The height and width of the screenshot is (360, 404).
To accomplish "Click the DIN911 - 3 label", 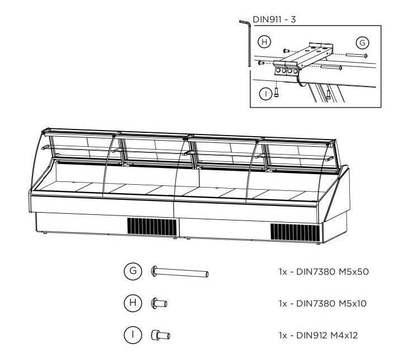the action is (x=274, y=20).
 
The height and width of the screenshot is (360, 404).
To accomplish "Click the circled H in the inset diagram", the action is (x=264, y=42).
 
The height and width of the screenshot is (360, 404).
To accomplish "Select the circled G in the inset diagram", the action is (x=362, y=43).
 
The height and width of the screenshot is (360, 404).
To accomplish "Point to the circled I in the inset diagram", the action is (x=265, y=94).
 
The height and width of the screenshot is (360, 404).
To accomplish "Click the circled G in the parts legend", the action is (x=133, y=271).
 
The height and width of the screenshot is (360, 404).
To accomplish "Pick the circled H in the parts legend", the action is (x=133, y=303).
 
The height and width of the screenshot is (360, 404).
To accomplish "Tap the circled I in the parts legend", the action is (x=133, y=335).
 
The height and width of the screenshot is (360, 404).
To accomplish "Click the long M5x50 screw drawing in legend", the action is (x=180, y=272).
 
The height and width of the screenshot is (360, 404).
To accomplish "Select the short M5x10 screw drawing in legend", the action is (x=159, y=304).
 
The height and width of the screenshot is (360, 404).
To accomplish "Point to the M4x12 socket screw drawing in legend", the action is (x=160, y=335).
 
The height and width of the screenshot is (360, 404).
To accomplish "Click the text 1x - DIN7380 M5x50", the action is (x=324, y=272).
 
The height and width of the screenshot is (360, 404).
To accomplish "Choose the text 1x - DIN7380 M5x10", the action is (x=322, y=304).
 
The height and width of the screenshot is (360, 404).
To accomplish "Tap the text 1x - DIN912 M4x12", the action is (x=318, y=335).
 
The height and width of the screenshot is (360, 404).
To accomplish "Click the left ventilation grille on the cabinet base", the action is (x=152, y=227).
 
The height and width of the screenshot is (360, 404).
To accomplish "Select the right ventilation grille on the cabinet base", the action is (x=295, y=232).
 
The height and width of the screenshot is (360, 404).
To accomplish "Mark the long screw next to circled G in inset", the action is (x=357, y=55).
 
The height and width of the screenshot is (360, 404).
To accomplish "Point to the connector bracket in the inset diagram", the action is (x=303, y=60).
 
